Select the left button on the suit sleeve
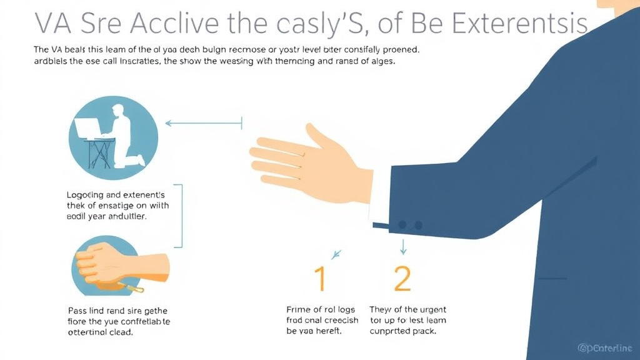tap(402, 224)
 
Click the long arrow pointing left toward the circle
tap(203, 123)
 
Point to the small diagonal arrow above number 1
tap(337, 254)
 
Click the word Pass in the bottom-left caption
tap(77, 311)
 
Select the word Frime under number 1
tap(299, 309)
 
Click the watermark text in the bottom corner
tap(605, 347)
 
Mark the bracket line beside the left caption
tap(181, 216)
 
